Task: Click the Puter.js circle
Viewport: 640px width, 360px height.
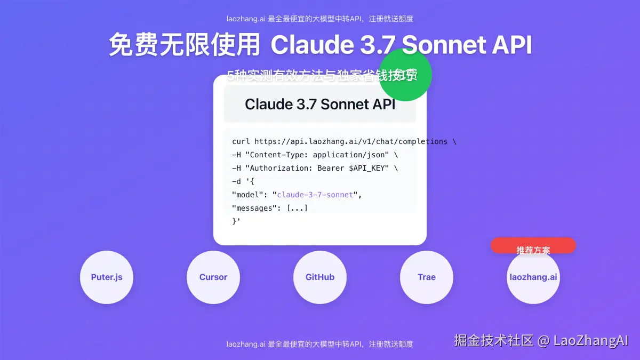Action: pos(107,277)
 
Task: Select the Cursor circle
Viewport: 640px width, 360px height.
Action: pos(213,277)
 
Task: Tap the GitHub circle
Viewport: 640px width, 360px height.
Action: pos(320,277)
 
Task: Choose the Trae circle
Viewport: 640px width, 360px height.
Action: pos(427,277)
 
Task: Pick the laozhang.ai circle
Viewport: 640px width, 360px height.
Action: pos(533,277)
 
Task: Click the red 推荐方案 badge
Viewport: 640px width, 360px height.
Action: pos(533,246)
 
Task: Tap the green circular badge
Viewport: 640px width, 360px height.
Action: pos(405,75)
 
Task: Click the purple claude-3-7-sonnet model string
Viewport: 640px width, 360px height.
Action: pos(315,195)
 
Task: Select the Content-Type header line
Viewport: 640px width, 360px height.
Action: pos(315,155)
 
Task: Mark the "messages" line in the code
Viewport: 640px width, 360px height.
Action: pos(270,208)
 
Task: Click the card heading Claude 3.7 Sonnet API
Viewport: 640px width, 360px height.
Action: pos(320,104)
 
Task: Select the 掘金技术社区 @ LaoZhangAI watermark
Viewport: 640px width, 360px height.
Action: pos(541,340)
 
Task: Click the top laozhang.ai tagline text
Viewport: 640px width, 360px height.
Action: pos(320,19)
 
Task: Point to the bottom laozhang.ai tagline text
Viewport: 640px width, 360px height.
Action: pos(320,344)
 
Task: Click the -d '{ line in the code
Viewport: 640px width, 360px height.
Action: pos(243,181)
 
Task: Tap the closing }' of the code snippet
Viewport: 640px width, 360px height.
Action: pos(236,221)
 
